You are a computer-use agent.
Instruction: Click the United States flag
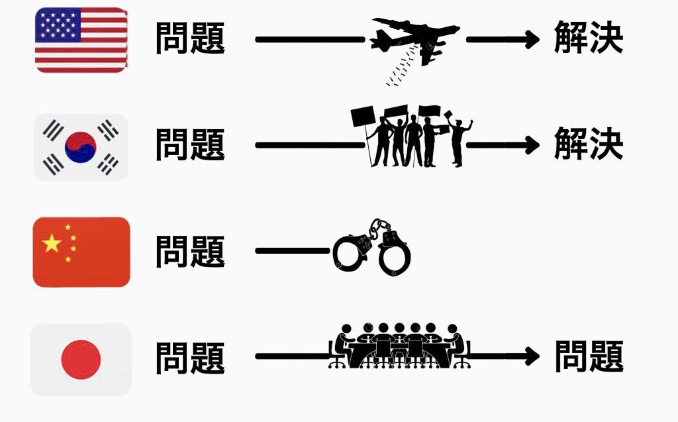pos(81,40)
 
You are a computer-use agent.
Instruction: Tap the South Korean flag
pos(81,147)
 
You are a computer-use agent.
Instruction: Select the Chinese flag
pos(81,252)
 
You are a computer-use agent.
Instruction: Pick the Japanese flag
pos(81,359)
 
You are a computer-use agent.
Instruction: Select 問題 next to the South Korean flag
pos(191,145)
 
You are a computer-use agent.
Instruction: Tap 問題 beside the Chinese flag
pos(191,252)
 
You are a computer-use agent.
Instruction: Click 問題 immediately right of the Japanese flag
pos(191,358)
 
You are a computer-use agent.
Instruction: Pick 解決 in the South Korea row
pos(589,145)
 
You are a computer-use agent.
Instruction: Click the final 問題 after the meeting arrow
pos(589,357)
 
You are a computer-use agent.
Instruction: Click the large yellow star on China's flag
pos(52,244)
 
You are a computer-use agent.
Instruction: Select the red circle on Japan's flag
pos(81,359)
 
